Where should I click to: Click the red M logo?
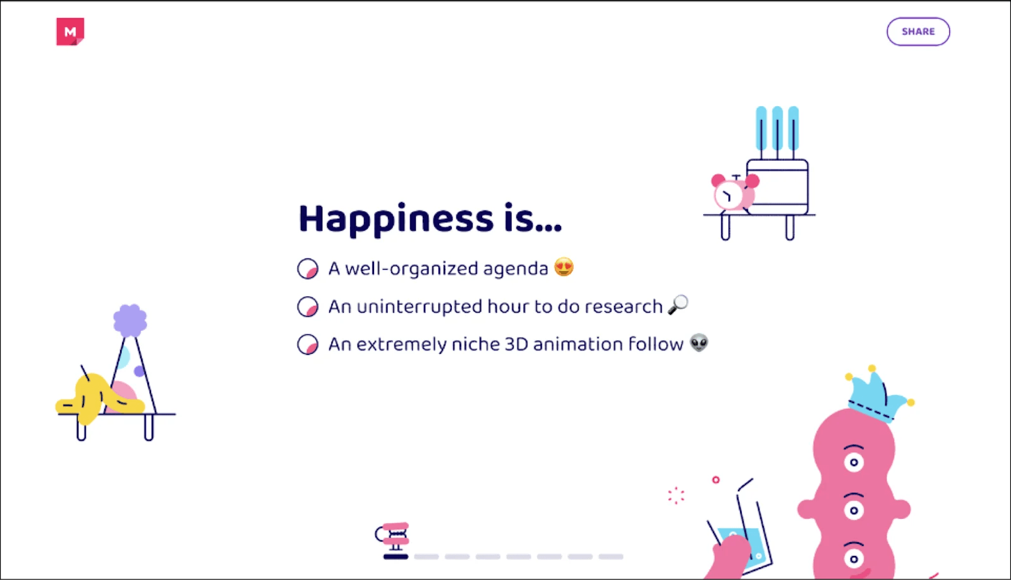[x=70, y=32]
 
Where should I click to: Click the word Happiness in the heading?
[x=396, y=219]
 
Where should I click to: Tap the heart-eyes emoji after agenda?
[x=564, y=267]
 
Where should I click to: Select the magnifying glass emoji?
[x=678, y=305]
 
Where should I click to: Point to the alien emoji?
[x=699, y=343]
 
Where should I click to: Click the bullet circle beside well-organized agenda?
[x=308, y=269]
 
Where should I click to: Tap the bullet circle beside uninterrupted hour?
[x=308, y=306]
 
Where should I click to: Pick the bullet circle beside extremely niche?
[x=308, y=344]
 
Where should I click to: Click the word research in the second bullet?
[x=623, y=306]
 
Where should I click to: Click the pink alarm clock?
[x=733, y=193]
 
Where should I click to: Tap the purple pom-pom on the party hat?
[x=130, y=320]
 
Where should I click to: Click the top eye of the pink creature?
[x=854, y=461]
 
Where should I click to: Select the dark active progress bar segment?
[x=396, y=557]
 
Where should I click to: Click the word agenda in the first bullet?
[x=515, y=269]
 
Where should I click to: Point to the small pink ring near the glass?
[x=715, y=480]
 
